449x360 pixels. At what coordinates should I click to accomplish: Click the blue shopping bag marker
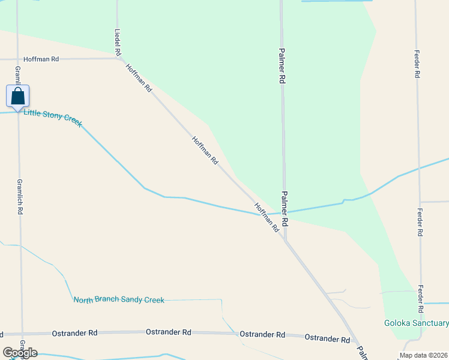pos(17,96)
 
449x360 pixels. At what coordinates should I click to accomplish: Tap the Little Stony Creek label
pos(52,116)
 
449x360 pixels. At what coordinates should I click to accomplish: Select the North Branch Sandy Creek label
pos(119,299)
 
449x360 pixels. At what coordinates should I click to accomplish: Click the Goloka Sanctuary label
pos(416,323)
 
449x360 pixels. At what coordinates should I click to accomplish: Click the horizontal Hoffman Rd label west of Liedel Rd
pos(41,59)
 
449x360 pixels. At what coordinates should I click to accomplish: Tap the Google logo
pos(19,353)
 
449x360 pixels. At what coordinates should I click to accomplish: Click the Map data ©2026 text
pos(423,355)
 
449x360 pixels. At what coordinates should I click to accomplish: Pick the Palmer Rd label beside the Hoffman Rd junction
pos(285,208)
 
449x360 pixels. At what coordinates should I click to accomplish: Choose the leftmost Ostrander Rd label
pos(75,332)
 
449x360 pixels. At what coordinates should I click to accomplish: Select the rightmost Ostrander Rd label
pos(327,338)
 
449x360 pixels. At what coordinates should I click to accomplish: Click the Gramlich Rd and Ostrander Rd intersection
pos(22,334)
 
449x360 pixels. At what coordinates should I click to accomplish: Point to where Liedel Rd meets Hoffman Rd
pos(118,58)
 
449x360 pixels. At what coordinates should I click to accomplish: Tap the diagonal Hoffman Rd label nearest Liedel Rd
pos(139,78)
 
